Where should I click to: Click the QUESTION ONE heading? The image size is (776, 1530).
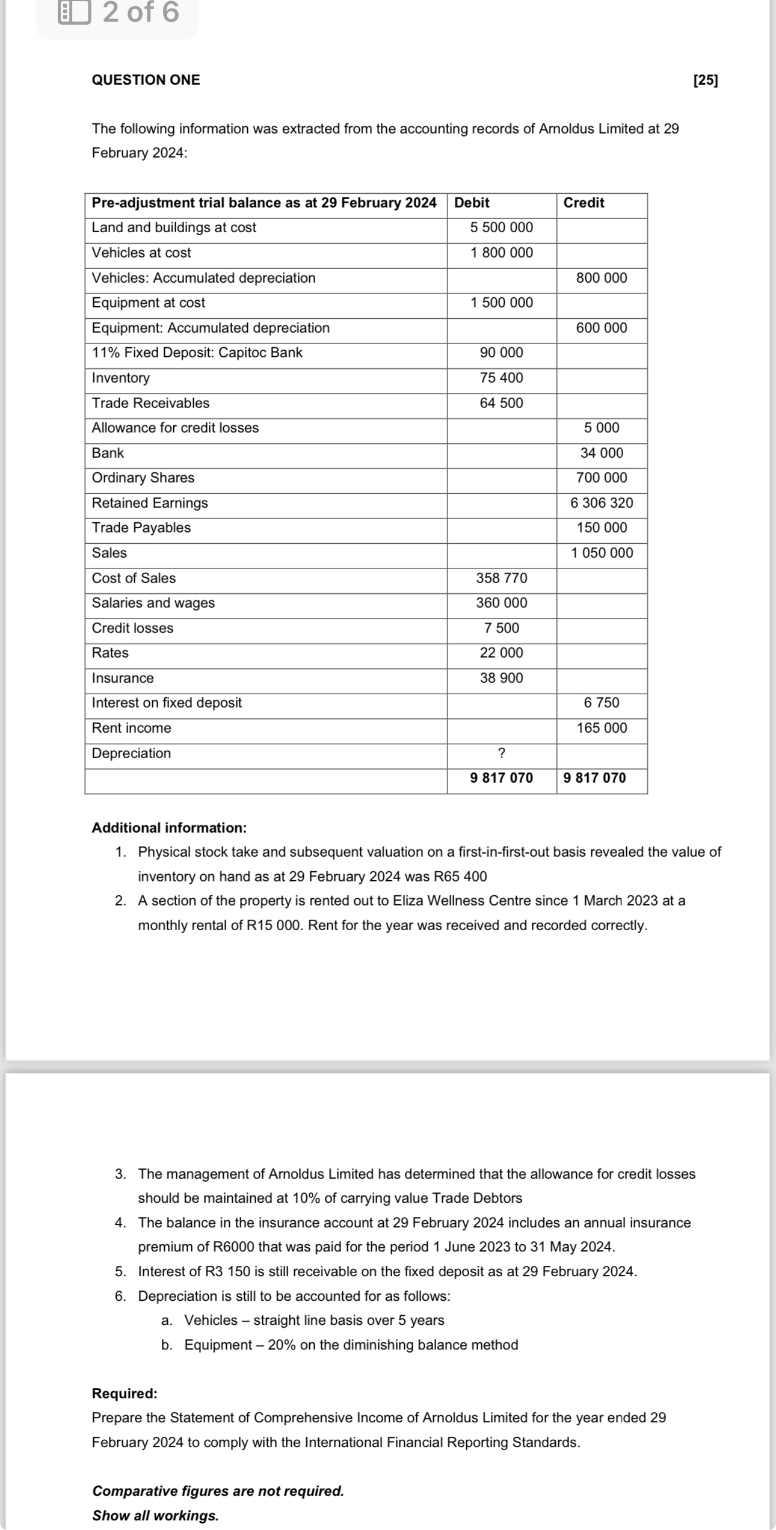click(x=146, y=80)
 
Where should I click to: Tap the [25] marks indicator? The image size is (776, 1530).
click(x=705, y=80)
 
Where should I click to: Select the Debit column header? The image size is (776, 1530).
click(x=472, y=203)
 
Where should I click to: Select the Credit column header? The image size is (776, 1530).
click(x=584, y=203)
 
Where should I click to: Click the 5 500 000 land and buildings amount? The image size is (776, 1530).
click(x=501, y=227)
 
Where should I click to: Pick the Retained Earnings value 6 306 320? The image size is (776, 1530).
click(x=602, y=503)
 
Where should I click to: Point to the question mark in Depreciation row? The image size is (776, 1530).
click(x=501, y=753)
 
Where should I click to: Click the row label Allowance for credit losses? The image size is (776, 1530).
click(x=175, y=428)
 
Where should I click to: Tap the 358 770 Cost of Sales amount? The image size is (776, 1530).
click(x=501, y=578)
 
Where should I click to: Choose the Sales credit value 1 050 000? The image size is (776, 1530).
click(x=602, y=553)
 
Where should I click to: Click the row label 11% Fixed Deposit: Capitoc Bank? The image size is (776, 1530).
click(x=197, y=353)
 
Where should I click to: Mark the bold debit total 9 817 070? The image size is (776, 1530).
click(x=501, y=778)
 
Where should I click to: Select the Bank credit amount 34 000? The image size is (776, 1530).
click(x=602, y=453)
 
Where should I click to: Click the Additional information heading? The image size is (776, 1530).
click(x=169, y=828)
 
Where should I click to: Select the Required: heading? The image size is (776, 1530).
click(x=125, y=1393)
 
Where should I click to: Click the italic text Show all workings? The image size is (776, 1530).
click(x=155, y=1516)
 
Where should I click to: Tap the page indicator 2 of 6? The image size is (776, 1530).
click(x=140, y=13)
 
